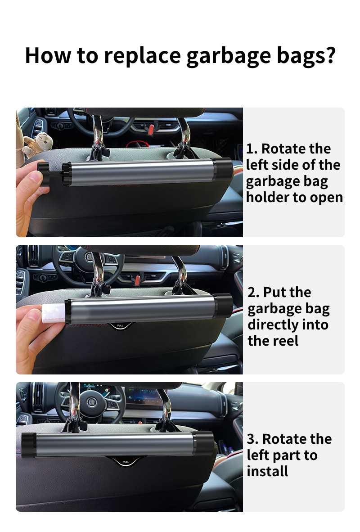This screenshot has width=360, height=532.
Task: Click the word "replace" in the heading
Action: (x=143, y=56)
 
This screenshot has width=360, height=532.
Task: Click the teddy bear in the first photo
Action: (x=38, y=145)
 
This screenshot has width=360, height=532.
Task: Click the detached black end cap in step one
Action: (x=44, y=174)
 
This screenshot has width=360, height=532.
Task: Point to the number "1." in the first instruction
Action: (x=252, y=149)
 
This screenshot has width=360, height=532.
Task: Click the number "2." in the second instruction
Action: (x=253, y=293)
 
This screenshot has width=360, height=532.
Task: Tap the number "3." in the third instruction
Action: (x=252, y=439)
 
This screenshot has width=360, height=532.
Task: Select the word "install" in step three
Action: (x=267, y=471)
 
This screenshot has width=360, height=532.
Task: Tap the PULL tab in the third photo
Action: (x=126, y=462)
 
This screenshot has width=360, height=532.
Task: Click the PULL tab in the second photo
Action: (x=120, y=326)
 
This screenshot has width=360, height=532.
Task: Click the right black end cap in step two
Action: (x=223, y=306)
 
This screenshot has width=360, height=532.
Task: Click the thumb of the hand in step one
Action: (x=34, y=177)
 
